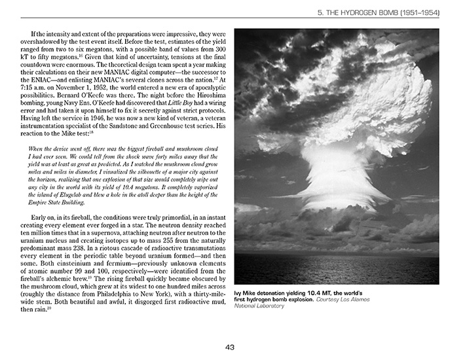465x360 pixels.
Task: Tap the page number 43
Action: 231,347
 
